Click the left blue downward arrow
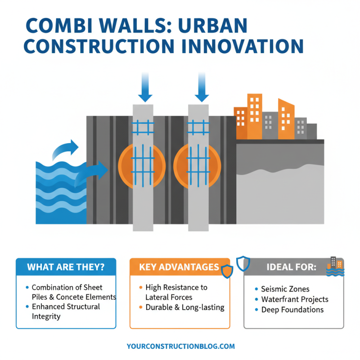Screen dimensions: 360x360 point(145,90)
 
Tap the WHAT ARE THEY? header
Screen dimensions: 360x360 point(66,266)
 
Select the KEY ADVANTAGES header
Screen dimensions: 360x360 point(179,267)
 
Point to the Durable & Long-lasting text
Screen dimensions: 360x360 point(184,307)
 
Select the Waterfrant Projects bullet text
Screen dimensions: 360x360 point(294,299)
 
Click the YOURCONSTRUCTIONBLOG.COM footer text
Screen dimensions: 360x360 point(181,346)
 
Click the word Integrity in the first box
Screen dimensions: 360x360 point(46,316)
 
